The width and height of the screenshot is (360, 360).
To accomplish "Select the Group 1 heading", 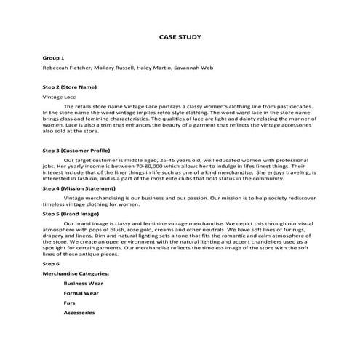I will pos(54,57).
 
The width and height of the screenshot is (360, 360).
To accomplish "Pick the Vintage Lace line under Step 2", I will pos(60,96).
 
